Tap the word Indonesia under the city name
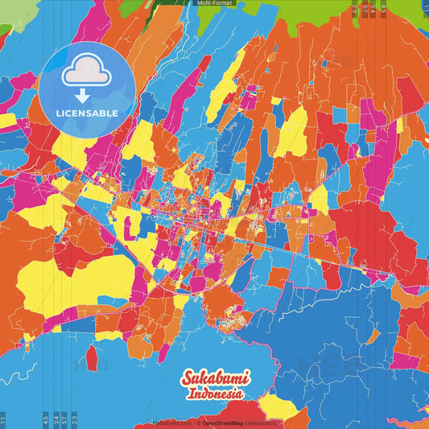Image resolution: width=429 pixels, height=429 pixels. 215,395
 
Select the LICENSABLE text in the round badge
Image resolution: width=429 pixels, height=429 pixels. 86,113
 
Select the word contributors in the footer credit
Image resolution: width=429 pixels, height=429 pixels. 258,423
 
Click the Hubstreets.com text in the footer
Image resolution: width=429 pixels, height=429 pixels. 171,423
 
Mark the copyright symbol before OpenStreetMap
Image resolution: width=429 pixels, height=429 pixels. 198,423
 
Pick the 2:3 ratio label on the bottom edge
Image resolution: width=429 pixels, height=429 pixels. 75,419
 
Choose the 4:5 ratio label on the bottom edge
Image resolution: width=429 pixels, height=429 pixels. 45,419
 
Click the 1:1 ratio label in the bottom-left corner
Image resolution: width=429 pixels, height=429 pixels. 3,419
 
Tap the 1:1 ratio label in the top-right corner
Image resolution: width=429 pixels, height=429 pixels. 424,8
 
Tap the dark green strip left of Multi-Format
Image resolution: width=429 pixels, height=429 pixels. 173,3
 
